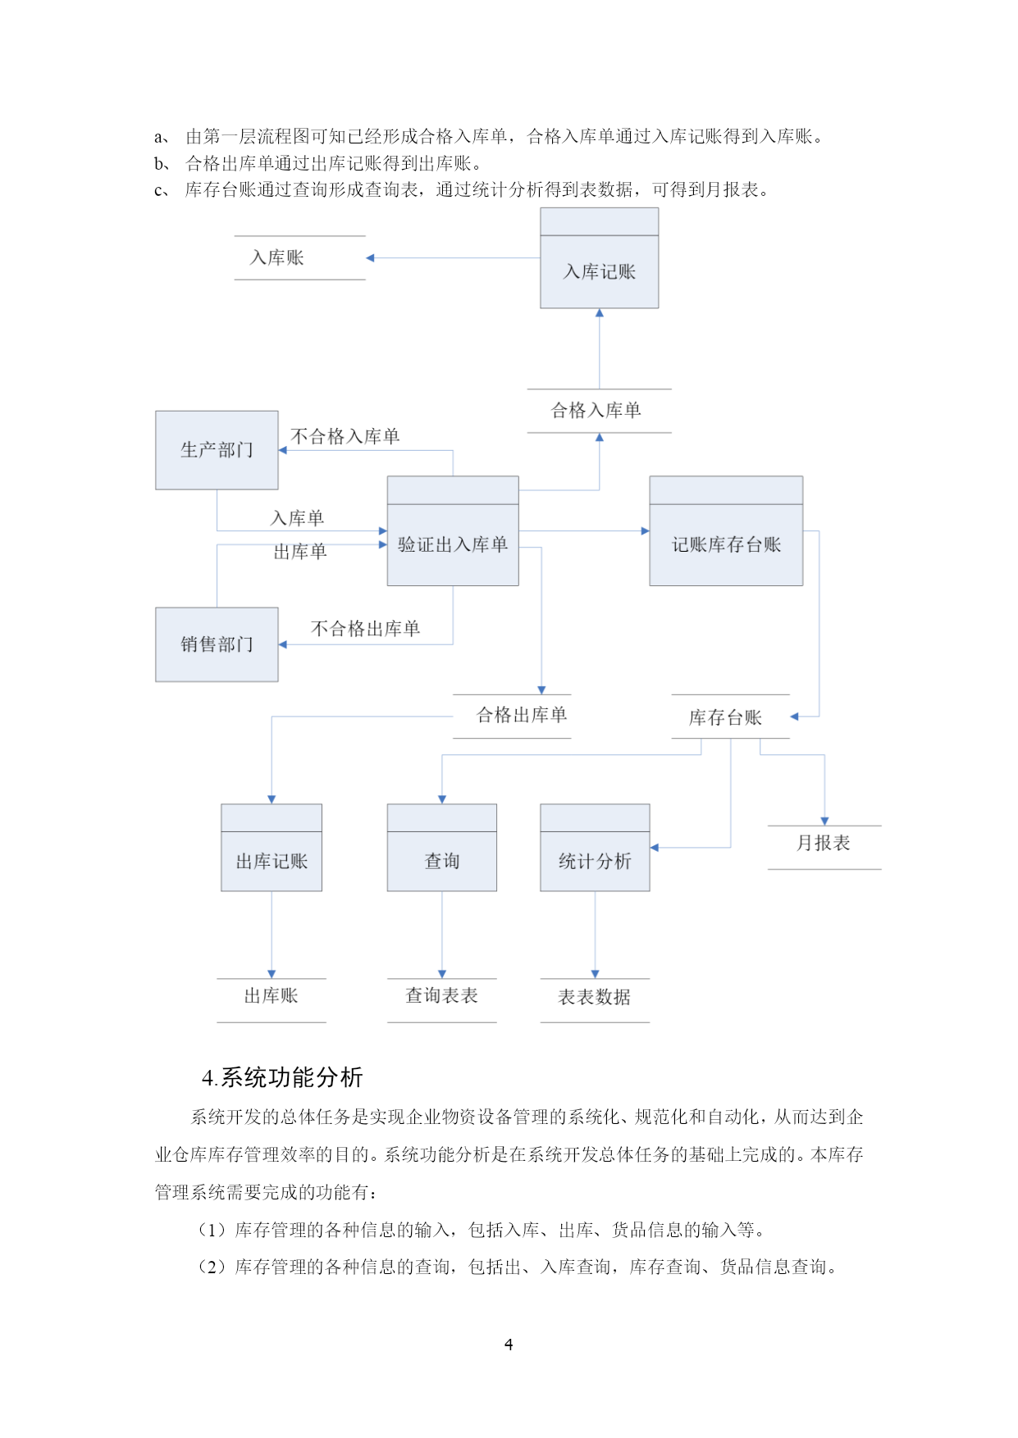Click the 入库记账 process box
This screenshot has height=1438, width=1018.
click(x=599, y=258)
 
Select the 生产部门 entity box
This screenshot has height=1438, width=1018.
click(x=217, y=450)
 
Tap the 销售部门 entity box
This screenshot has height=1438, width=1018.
click(x=217, y=644)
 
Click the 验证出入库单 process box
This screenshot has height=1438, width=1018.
click(x=453, y=531)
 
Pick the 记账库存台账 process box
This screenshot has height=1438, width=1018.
click(x=726, y=531)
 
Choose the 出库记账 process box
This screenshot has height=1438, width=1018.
click(x=272, y=848)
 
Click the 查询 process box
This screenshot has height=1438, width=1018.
click(x=442, y=848)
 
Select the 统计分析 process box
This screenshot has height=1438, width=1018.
click(x=595, y=848)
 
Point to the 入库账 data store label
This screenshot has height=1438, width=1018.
click(x=277, y=258)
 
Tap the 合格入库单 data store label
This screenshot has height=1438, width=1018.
click(x=596, y=411)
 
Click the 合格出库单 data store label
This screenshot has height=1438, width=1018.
click(x=522, y=716)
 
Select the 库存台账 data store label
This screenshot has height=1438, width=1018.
click(x=726, y=718)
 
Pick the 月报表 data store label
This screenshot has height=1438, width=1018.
click(x=824, y=843)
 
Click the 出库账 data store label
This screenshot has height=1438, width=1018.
click(x=272, y=996)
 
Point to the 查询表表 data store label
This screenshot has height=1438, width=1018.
click(x=442, y=996)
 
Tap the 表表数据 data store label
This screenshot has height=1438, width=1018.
click(x=595, y=997)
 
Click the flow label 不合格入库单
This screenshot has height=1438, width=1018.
click(x=345, y=437)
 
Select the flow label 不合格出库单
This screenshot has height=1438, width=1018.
click(x=366, y=629)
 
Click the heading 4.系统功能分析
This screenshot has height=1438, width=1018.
click(x=282, y=1077)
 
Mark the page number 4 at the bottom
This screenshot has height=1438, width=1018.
click(x=509, y=1345)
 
